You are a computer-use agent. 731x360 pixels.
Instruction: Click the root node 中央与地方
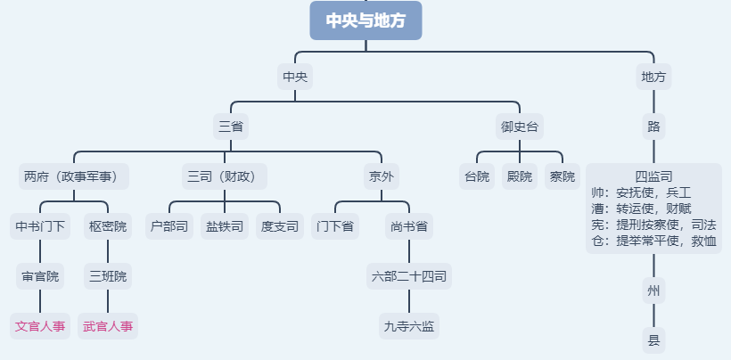tap(365, 20)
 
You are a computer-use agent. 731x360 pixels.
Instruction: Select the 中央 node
tap(295, 77)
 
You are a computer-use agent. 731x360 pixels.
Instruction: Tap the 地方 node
tap(653, 77)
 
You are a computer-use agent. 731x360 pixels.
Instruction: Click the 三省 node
tap(231, 127)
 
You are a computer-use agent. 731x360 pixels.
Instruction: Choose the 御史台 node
tap(521, 127)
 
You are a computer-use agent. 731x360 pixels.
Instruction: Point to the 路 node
tap(653, 127)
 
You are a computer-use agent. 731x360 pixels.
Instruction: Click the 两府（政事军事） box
tap(74, 176)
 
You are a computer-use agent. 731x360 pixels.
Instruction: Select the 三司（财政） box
tap(226, 176)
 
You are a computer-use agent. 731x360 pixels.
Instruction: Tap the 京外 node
tap(381, 176)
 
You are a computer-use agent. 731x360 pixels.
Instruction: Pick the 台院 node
tap(477, 176)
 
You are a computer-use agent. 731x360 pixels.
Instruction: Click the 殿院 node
tap(520, 176)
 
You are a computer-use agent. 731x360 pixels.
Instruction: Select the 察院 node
tap(563, 176)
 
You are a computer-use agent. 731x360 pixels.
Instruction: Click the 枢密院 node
tap(108, 226)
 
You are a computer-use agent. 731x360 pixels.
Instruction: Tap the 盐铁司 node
tap(225, 226)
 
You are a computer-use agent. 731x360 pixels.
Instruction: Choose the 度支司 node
tap(280, 226)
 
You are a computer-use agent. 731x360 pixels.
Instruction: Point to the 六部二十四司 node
tap(410, 276)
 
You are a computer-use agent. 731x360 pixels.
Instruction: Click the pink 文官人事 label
tap(40, 326)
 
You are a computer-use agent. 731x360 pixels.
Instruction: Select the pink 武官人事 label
tap(108, 326)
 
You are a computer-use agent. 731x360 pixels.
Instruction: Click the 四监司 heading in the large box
tap(653, 176)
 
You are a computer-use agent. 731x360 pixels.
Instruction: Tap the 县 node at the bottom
tap(653, 340)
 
